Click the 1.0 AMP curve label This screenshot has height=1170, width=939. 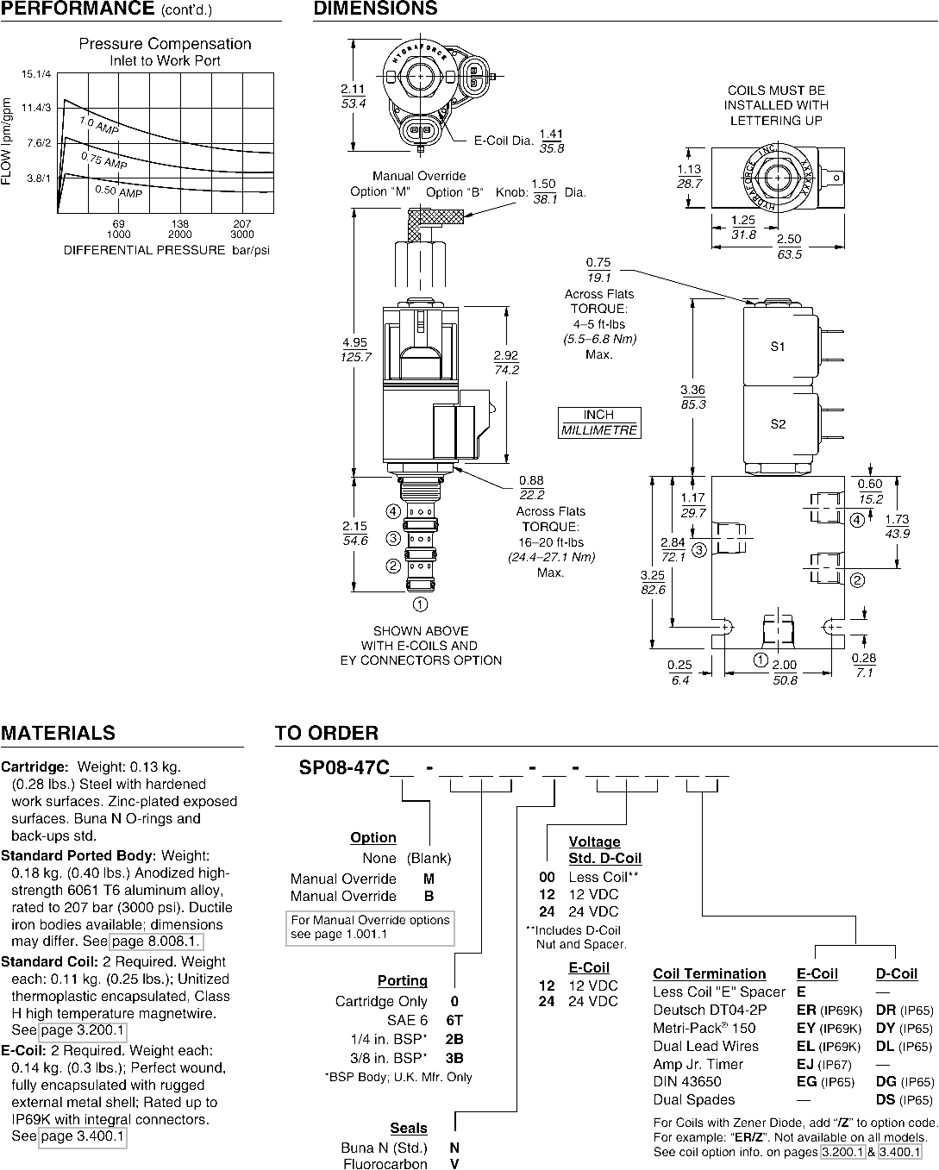[99, 125]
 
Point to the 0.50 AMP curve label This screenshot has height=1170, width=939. [118, 191]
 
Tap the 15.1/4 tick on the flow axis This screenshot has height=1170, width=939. [36, 74]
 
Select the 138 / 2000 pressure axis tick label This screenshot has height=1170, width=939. [180, 228]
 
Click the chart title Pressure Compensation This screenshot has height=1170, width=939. [165, 43]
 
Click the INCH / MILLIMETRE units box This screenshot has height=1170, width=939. [599, 422]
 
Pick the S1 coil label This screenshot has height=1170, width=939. [778, 347]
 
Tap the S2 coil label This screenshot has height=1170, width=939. [778, 424]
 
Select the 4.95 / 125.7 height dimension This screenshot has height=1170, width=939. [355, 349]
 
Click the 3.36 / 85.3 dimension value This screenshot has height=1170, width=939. [692, 397]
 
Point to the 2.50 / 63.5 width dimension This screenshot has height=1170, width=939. [789, 247]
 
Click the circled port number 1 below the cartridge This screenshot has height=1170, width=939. [420, 604]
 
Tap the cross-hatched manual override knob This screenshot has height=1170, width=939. [435, 221]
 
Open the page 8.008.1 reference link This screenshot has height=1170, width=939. [157, 942]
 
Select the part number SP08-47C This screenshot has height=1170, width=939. [344, 767]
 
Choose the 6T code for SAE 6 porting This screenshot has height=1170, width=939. [454, 1020]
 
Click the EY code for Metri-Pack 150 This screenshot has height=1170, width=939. [806, 1028]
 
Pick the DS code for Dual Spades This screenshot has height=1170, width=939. [886, 1099]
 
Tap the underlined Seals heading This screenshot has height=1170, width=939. [409, 1128]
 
